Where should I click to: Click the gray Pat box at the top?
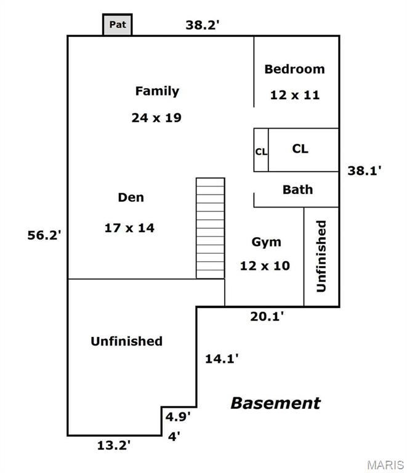pos(117,25)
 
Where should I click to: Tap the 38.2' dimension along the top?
pos(204,25)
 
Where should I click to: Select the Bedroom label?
pos(294,69)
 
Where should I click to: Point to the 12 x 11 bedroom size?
pos(294,95)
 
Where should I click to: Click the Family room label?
pos(157,91)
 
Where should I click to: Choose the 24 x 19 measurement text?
pos(156,118)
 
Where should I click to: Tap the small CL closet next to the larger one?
pos(261,150)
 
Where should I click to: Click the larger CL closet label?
pos(300,149)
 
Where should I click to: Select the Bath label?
pos(297,190)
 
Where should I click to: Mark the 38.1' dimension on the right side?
pos(365,172)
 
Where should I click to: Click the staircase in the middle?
pos(211,228)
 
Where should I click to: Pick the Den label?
pos(131,198)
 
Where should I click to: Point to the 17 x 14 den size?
pos(129,228)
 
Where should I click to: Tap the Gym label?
pos(266,241)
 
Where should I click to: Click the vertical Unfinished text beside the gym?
pos(321,256)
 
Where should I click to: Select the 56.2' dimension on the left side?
pos(44,235)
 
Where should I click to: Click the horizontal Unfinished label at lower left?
pos(127,341)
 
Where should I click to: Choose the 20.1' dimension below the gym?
pos(267,317)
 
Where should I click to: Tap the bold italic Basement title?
pos(275,403)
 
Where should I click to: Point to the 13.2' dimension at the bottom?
pos(114,445)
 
